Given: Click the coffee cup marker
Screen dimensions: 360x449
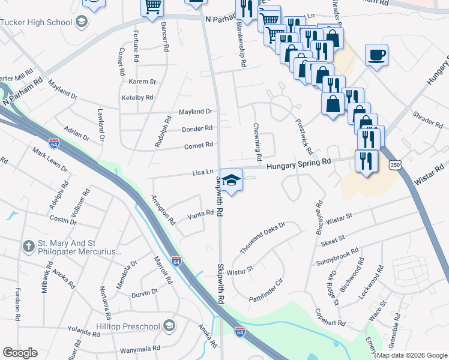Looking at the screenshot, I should (376, 55).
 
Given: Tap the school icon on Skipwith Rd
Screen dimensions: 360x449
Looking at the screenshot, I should (231, 178).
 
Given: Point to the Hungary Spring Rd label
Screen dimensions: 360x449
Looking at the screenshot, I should (299, 163).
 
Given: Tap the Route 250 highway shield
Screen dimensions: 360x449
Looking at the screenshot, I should (394, 165).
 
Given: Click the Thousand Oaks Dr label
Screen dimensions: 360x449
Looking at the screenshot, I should (262, 238).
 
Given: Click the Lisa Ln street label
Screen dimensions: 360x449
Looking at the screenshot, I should (203, 172).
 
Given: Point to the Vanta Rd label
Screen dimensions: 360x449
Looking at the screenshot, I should (200, 214).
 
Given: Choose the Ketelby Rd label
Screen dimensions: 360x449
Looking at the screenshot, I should (137, 97).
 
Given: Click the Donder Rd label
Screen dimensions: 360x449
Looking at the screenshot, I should (197, 128).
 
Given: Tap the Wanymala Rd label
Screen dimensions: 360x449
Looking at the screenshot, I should (139, 348).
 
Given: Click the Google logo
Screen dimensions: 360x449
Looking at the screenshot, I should (20, 353).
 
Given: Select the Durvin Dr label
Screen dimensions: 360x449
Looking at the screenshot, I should (145, 292).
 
